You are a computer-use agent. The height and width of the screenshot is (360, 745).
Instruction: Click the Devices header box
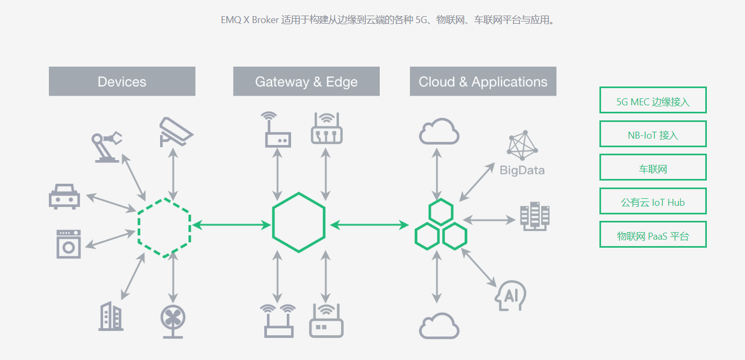(x=122, y=82)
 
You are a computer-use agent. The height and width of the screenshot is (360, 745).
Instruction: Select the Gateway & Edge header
(x=306, y=82)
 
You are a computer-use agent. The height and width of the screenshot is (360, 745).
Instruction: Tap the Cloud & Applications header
(x=483, y=82)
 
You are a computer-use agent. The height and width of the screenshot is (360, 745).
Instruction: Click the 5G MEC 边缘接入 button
(x=653, y=100)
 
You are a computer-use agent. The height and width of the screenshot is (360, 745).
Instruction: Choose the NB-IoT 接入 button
(x=653, y=134)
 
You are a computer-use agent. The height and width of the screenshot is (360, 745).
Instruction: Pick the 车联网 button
(x=653, y=168)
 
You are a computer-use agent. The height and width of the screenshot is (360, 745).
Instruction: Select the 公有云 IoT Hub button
(x=653, y=202)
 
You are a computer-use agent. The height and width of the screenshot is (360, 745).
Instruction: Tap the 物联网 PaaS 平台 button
(x=653, y=235)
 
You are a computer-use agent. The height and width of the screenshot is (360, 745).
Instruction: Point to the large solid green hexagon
(x=299, y=222)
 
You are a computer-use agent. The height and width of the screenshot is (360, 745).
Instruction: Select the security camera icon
(x=175, y=131)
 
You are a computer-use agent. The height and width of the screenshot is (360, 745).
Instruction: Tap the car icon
(x=64, y=196)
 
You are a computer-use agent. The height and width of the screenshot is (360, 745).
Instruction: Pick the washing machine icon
(x=69, y=244)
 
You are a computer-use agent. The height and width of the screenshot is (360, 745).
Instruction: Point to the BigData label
(x=522, y=170)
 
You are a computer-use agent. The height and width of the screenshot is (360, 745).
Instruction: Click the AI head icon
(x=510, y=295)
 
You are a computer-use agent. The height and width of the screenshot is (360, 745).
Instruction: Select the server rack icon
(x=534, y=217)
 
